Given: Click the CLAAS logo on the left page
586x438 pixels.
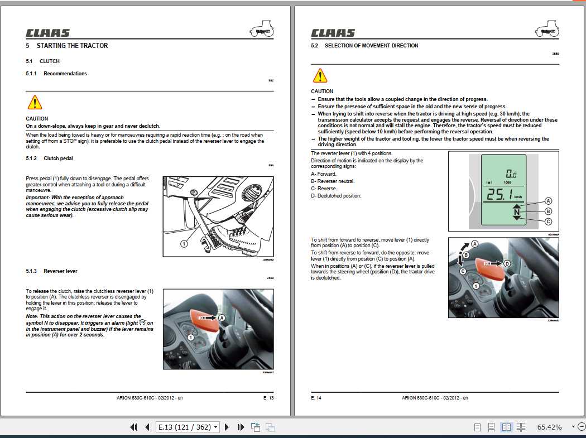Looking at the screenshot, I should tap(47, 33).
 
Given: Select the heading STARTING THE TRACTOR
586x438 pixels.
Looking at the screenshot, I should tap(72, 46).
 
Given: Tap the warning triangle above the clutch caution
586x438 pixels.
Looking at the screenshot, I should tap(35, 102).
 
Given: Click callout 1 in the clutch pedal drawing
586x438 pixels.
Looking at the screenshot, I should tap(184, 243).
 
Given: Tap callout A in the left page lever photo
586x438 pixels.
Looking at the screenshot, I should tap(222, 316).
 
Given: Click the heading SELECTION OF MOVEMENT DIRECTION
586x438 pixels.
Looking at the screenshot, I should tap(371, 46).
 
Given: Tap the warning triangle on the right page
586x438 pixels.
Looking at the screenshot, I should tap(320, 75).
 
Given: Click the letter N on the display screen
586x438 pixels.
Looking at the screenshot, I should tap(516, 212).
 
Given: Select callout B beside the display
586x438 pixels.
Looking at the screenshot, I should tap(548, 211).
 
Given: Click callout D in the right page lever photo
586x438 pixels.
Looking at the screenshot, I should tap(507, 263).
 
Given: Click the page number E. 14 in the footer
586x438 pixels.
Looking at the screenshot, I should tap(316, 398).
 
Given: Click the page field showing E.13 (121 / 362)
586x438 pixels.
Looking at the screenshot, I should tap(185, 427).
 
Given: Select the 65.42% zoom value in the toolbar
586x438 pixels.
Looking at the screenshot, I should tap(549, 427).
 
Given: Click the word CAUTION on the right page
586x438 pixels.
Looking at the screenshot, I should tap(322, 91).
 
